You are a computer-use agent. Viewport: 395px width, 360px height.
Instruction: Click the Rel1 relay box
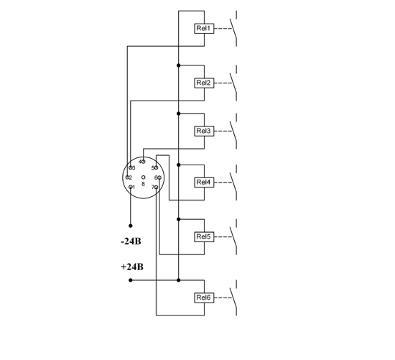(204, 28)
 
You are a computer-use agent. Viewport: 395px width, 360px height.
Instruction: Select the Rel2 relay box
(204, 83)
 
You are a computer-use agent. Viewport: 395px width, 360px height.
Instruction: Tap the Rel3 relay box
(204, 131)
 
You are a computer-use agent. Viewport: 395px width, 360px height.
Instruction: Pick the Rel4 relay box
(204, 183)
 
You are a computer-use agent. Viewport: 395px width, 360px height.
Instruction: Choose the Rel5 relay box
(204, 237)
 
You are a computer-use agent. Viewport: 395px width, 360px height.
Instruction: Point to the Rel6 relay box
(204, 297)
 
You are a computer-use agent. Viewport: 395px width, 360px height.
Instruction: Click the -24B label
(131, 241)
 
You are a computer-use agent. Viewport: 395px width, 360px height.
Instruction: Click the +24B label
(132, 267)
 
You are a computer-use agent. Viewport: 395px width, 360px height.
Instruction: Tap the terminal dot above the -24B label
(131, 226)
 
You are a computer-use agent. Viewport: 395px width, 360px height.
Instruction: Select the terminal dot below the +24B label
(131, 280)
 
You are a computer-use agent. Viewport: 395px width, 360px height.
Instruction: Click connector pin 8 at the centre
(144, 177)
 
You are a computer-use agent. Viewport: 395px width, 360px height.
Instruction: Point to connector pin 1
(131, 187)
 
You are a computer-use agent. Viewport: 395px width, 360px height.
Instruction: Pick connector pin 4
(144, 162)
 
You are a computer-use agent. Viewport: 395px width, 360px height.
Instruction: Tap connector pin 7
(156, 187)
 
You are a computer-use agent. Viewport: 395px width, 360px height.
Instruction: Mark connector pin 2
(127, 177)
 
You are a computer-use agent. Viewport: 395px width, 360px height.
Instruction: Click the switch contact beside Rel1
(233, 28)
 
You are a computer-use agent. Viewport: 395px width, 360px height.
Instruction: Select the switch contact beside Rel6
(233, 297)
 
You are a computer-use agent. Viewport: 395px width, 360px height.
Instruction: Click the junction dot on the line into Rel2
(179, 65)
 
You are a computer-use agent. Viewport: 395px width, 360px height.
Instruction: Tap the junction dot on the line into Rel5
(179, 219)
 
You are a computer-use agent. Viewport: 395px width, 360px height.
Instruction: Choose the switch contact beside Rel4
(233, 183)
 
